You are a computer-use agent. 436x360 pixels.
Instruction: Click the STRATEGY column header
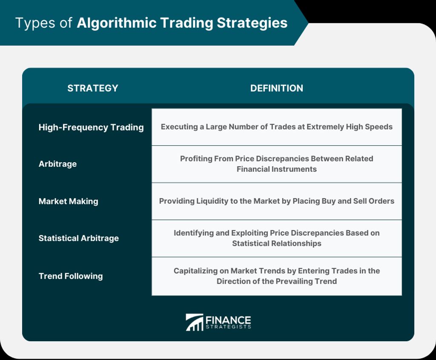93,88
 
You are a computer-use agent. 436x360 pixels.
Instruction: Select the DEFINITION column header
277,88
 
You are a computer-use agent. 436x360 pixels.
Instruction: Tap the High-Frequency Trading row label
91,127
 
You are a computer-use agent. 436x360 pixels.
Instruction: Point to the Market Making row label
69,201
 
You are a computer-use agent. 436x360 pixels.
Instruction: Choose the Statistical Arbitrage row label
79,238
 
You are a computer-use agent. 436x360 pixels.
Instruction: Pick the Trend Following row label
71,276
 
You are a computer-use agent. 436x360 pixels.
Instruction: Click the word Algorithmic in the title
117,23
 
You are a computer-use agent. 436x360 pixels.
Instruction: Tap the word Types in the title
35,23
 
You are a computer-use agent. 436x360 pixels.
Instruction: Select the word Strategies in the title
252,23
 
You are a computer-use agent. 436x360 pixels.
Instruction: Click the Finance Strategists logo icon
194,323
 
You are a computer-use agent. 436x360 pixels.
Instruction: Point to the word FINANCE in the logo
228,320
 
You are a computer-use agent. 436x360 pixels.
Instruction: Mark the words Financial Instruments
277,169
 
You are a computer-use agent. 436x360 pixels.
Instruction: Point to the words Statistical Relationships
277,243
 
